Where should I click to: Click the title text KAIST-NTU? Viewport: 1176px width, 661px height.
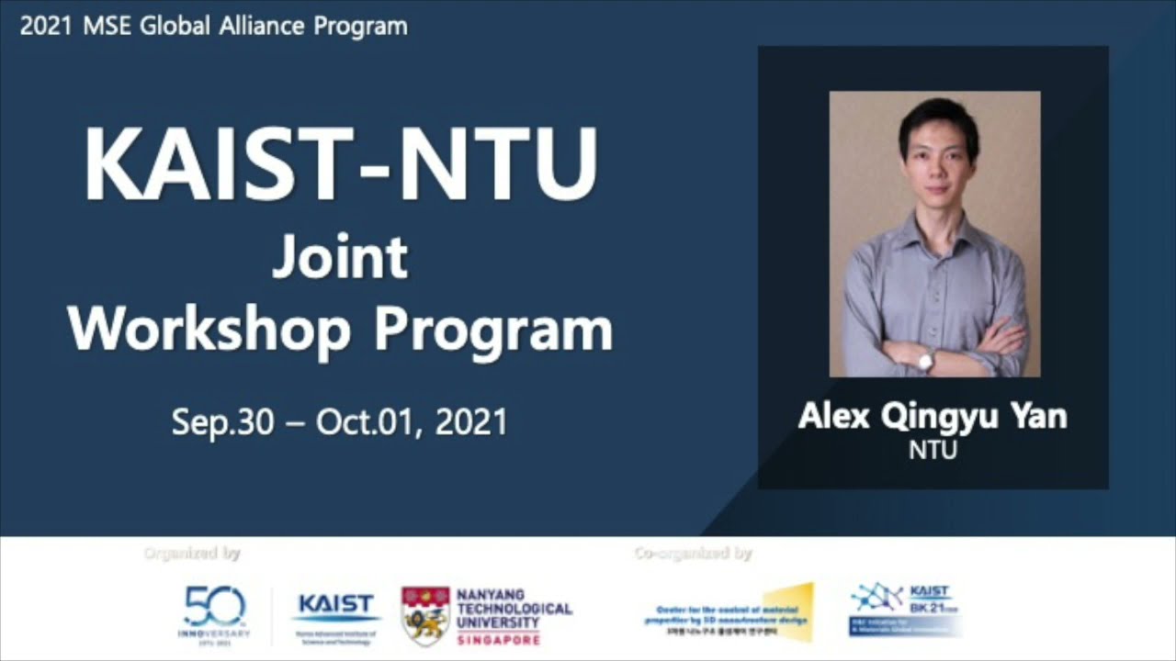pos(341,165)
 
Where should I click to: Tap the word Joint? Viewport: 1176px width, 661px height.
pos(340,260)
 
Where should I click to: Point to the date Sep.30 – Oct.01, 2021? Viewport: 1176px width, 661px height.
pos(339,422)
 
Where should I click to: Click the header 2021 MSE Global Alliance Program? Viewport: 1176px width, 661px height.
pos(213,26)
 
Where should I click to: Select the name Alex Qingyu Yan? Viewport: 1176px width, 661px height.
pos(933,417)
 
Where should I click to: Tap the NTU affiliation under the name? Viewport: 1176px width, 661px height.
pos(933,450)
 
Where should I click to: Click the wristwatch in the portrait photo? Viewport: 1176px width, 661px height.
pos(926,360)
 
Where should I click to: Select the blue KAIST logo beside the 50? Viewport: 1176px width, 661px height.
pos(336,607)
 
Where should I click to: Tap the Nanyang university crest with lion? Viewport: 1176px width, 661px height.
pos(425,616)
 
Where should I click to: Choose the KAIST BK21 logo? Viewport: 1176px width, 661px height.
pos(905,609)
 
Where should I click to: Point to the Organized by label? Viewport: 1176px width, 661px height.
pos(192,553)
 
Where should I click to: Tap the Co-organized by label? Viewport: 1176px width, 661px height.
pos(693,553)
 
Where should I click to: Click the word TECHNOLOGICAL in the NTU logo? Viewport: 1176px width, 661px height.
pos(514,609)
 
